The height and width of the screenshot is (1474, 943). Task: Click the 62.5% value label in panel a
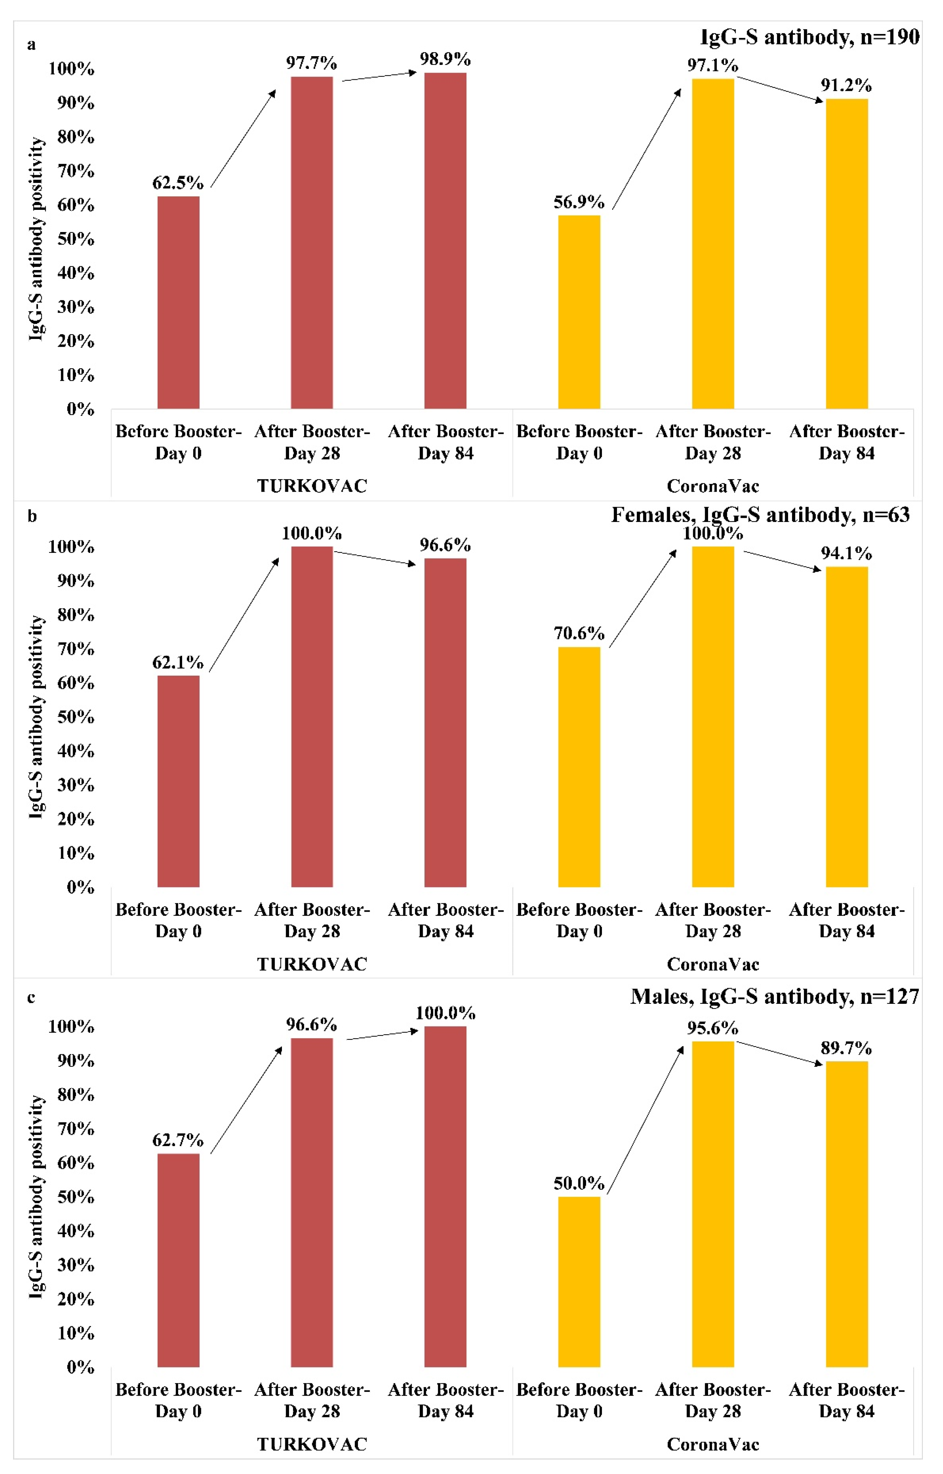[177, 183]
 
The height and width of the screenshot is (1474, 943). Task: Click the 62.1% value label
[177, 662]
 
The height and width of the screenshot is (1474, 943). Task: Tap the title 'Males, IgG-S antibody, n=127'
[775, 997]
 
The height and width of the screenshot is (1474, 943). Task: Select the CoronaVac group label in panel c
[713, 1444]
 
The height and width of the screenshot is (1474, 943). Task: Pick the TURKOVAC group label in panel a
[312, 486]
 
